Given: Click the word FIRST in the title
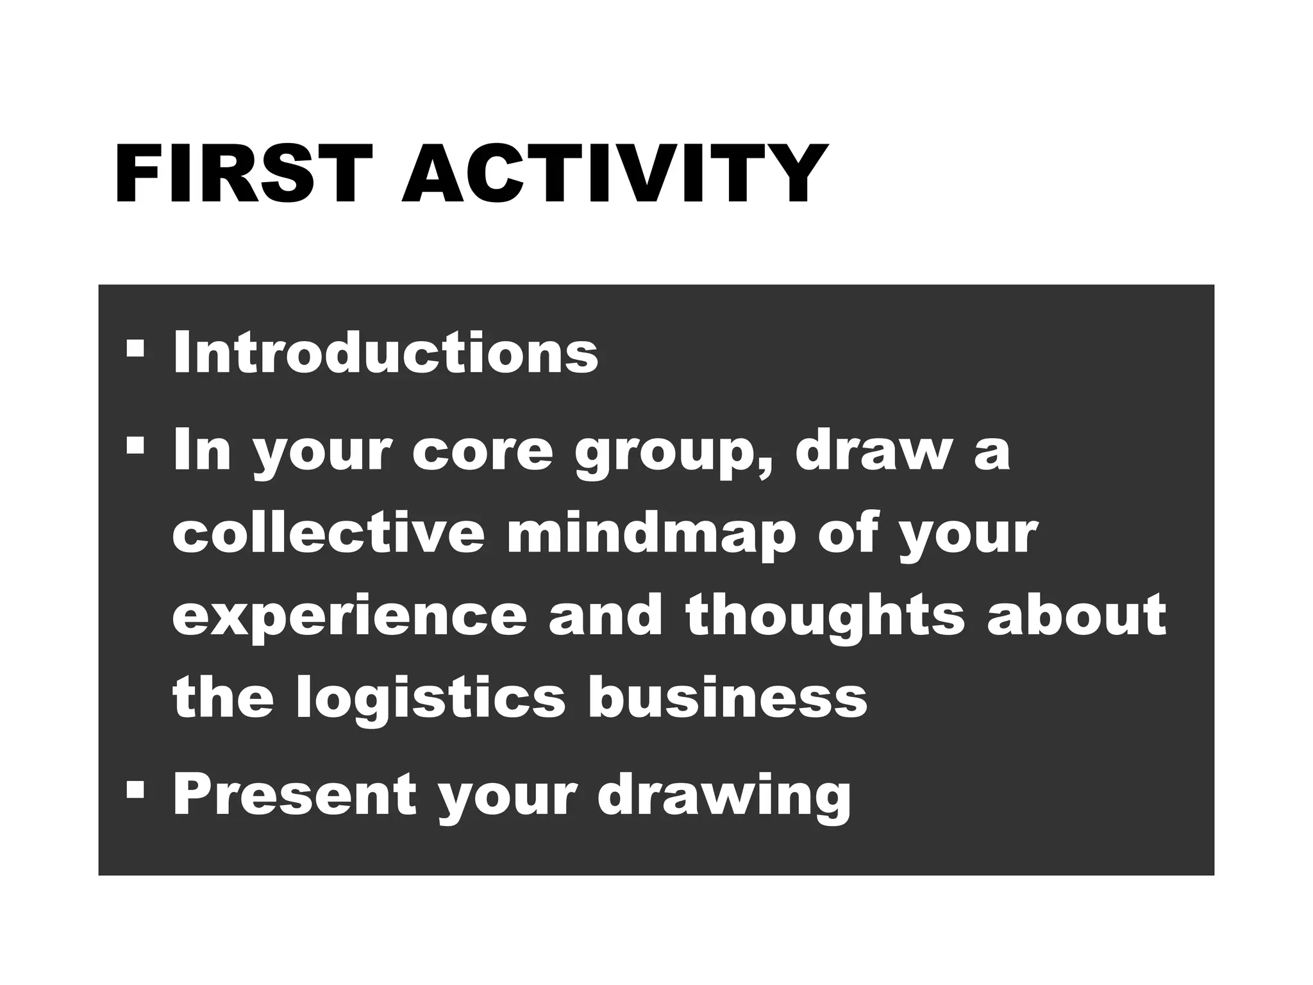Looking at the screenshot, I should pos(243,174).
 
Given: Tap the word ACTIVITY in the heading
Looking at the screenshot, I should pos(612,174).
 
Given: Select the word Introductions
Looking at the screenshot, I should pos(385,352).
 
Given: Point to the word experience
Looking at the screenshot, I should pos(349,618).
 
